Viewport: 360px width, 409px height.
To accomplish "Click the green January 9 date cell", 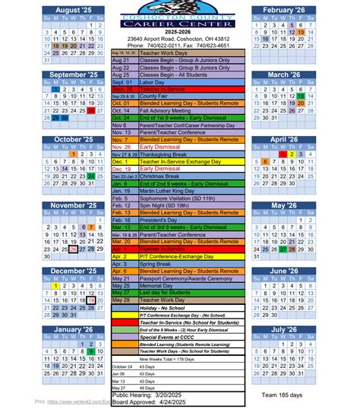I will [90, 350].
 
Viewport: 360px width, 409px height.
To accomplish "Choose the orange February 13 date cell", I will [301, 32].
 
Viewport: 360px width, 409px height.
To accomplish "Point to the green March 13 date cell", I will [301, 97].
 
